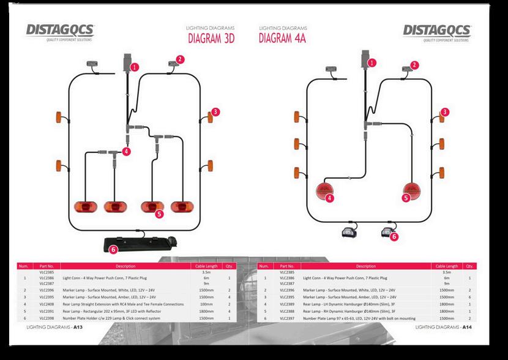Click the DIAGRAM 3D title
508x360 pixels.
[212, 39]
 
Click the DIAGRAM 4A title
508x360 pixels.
[282, 39]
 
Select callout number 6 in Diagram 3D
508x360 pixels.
[113, 249]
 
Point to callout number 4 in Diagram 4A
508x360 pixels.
[330, 198]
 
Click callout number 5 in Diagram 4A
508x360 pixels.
[406, 198]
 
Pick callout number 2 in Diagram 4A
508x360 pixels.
[414, 64]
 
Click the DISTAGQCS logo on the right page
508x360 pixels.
[437, 31]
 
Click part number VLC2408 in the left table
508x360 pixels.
[47, 304]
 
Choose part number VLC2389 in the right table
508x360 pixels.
[287, 304]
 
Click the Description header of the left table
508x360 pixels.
[125, 266]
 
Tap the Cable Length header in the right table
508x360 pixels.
[446, 266]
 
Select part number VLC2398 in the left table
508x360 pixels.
[47, 318]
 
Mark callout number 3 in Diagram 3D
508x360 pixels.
[215, 112]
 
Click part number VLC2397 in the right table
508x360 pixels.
[287, 318]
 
